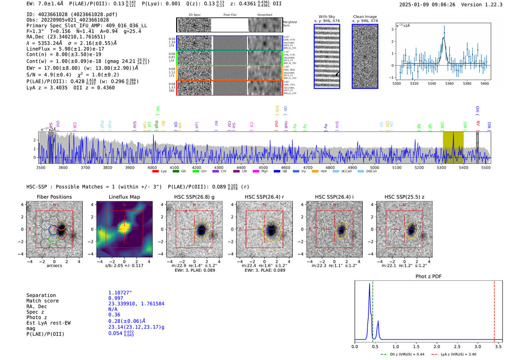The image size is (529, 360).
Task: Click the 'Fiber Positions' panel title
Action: (x=54, y=197)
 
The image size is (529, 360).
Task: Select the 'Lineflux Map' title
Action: (x=124, y=197)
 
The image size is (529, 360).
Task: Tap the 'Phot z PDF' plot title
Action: (x=428, y=277)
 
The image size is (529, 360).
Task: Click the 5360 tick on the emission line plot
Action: (x=449, y=83)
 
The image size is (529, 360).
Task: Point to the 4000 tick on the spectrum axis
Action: (x=152, y=167)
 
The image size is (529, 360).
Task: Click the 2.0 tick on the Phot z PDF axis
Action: (x=436, y=346)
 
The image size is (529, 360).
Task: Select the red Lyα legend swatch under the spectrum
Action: (x=155, y=172)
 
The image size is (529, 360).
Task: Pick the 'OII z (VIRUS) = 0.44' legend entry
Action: (x=402, y=354)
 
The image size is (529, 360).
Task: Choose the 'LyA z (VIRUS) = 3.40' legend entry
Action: (x=453, y=354)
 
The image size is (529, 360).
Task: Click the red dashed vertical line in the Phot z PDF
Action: (x=494, y=310)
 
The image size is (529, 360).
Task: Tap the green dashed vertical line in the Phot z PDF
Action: (x=373, y=310)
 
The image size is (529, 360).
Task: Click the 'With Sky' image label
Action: (x=326, y=17)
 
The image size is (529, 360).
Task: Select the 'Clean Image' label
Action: (x=365, y=17)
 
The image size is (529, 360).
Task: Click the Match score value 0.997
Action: (x=116, y=298)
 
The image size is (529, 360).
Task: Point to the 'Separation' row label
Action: (x=41, y=295)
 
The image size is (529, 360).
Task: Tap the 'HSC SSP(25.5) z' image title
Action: (x=404, y=197)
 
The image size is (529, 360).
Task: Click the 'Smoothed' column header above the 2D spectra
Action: (x=264, y=15)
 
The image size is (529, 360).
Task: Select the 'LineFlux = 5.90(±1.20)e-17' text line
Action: (x=65, y=49)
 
